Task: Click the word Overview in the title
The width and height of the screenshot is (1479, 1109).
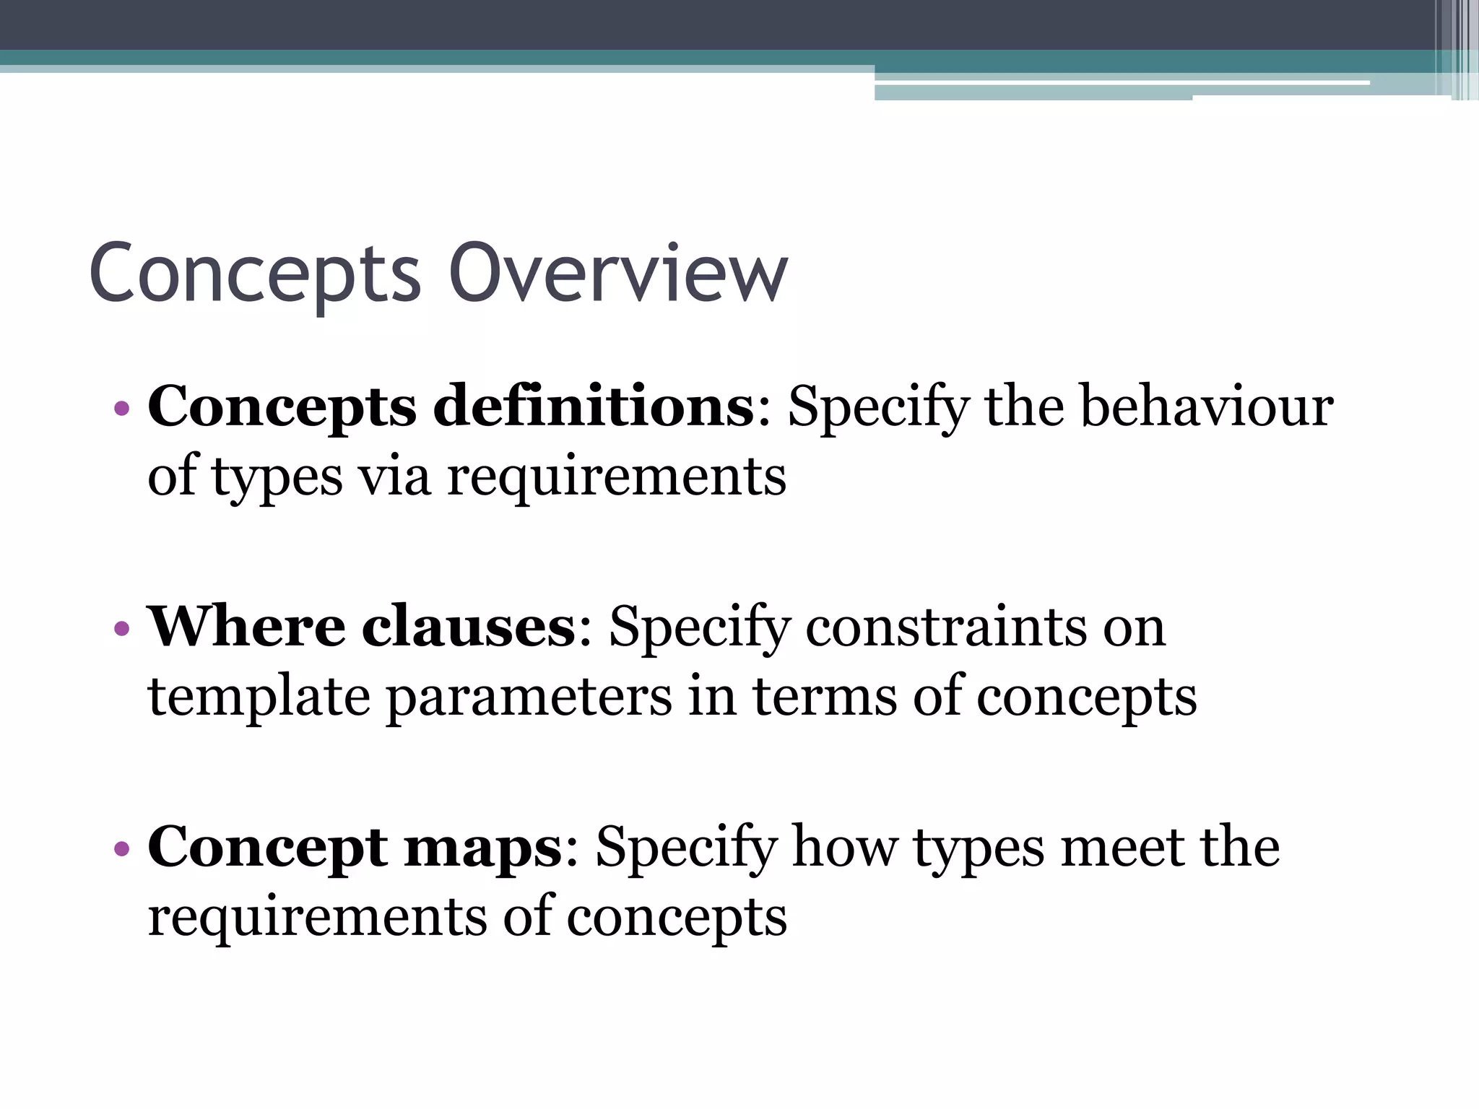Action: (x=618, y=274)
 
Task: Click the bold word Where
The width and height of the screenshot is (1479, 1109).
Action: (x=246, y=626)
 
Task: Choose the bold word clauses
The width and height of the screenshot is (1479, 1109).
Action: (x=468, y=626)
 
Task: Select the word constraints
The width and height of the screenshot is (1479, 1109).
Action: (x=944, y=626)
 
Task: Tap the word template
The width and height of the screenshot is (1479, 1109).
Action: (x=259, y=697)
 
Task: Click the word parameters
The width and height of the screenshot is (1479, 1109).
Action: (x=529, y=697)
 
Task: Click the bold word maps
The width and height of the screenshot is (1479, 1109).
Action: (x=482, y=847)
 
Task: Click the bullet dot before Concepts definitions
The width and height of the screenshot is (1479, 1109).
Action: (x=122, y=409)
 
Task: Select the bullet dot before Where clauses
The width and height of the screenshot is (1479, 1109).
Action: (x=122, y=628)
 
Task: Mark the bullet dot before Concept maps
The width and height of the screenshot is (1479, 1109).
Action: (x=122, y=848)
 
